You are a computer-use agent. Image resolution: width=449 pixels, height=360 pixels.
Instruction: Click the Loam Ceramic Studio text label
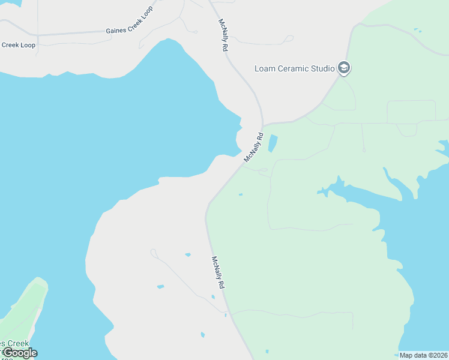294,68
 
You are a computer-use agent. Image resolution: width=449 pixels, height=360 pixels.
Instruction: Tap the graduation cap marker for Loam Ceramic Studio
344,68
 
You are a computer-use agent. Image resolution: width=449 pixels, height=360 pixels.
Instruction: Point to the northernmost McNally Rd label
223,35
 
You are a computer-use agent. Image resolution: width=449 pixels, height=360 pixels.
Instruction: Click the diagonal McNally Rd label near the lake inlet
254,148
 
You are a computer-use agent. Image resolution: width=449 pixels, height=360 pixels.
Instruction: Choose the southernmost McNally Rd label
217,273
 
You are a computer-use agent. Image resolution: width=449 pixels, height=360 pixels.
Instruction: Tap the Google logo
19,353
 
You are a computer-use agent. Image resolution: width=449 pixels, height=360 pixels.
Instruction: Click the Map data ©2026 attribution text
423,355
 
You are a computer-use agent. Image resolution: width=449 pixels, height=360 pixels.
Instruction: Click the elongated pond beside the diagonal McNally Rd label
273,143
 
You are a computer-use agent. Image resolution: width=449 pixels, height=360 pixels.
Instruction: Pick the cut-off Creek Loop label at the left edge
18,45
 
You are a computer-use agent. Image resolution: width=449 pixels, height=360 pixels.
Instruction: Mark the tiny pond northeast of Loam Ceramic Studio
417,30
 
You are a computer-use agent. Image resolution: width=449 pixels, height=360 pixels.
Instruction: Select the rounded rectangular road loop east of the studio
412,112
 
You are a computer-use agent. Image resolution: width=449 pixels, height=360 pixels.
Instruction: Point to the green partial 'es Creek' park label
14,343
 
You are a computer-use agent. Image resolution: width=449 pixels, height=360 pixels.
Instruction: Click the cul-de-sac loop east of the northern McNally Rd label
289,39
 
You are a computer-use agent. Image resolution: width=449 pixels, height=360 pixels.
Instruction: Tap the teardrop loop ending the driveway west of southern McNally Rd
153,253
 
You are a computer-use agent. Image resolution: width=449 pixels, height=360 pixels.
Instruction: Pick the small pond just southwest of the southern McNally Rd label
213,296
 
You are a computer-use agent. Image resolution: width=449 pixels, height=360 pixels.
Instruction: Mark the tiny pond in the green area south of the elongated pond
241,194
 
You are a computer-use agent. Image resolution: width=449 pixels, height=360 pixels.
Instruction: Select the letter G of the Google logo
7,353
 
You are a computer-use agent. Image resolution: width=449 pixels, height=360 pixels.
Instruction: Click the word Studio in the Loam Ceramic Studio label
323,68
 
